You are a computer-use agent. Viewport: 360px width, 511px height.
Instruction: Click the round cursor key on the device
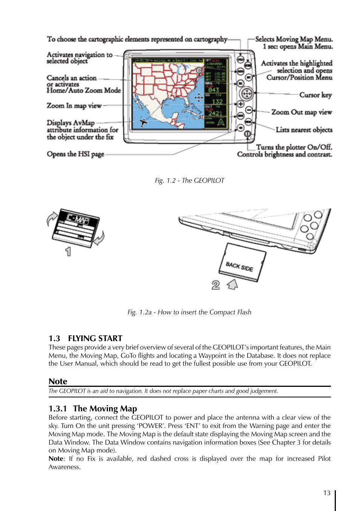pos(246,93)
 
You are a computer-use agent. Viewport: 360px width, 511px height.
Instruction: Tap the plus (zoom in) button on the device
pos(240,104)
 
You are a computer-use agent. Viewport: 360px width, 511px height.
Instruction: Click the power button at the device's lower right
pos(248,134)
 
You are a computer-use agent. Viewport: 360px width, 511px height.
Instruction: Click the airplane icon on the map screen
pos(143,122)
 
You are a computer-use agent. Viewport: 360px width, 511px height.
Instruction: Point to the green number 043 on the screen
pos(214,90)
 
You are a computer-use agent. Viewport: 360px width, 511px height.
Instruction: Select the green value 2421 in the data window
pos(215,113)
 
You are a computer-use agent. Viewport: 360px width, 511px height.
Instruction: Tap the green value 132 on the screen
pos(217,101)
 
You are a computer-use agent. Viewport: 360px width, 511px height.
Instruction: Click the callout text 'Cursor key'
pos(315,95)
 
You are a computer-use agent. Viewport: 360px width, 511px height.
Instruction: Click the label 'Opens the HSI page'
pos(75,154)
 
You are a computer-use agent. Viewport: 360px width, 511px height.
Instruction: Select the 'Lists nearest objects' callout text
pos(304,130)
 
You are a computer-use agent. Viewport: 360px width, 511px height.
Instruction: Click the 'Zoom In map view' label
pos(74,106)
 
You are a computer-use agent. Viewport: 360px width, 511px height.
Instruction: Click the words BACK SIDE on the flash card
pos(239,266)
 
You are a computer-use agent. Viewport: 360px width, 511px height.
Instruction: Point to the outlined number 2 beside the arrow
pos(215,285)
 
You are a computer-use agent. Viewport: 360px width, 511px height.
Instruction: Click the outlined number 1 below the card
pos(68,251)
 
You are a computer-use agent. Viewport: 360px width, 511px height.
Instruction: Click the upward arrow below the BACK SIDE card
pos(232,284)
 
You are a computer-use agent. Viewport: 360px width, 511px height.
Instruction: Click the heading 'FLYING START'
pos(95,338)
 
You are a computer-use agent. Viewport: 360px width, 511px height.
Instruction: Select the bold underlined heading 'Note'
pos(58,381)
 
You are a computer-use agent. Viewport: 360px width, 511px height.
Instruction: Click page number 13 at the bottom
pos(327,493)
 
